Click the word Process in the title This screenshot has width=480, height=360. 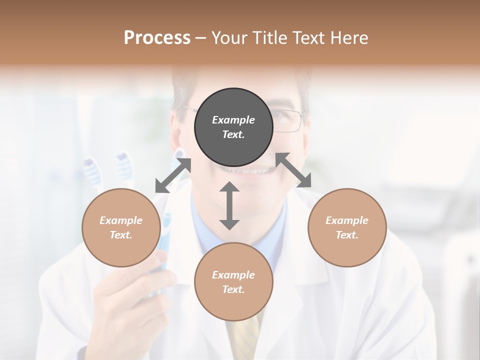157,38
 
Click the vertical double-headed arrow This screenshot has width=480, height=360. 229,205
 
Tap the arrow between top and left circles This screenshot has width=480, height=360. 173,175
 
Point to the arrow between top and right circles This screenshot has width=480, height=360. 293,170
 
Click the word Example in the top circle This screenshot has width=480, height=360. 233,120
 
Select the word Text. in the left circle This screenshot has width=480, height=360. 121,235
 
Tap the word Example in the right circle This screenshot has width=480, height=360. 347,220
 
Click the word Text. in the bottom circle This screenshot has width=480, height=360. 233,289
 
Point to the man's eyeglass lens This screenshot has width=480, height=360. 287,120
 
